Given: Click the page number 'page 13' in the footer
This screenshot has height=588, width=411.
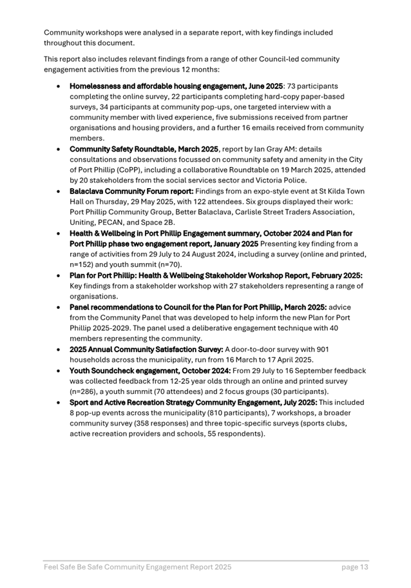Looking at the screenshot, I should coord(354,567).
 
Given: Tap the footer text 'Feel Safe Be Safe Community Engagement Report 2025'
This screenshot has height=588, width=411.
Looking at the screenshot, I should coord(137,567).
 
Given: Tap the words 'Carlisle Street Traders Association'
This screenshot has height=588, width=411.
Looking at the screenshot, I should coord(282,212).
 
